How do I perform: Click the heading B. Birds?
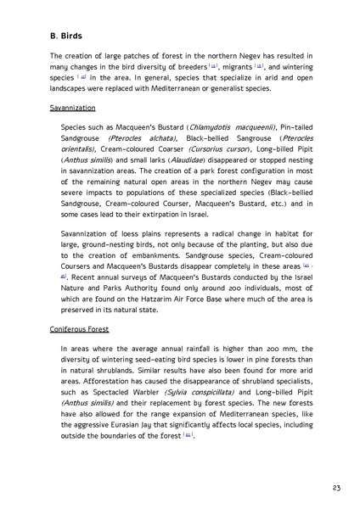(x=66, y=36)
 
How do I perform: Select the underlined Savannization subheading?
(x=72, y=109)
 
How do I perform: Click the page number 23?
(x=336, y=487)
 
